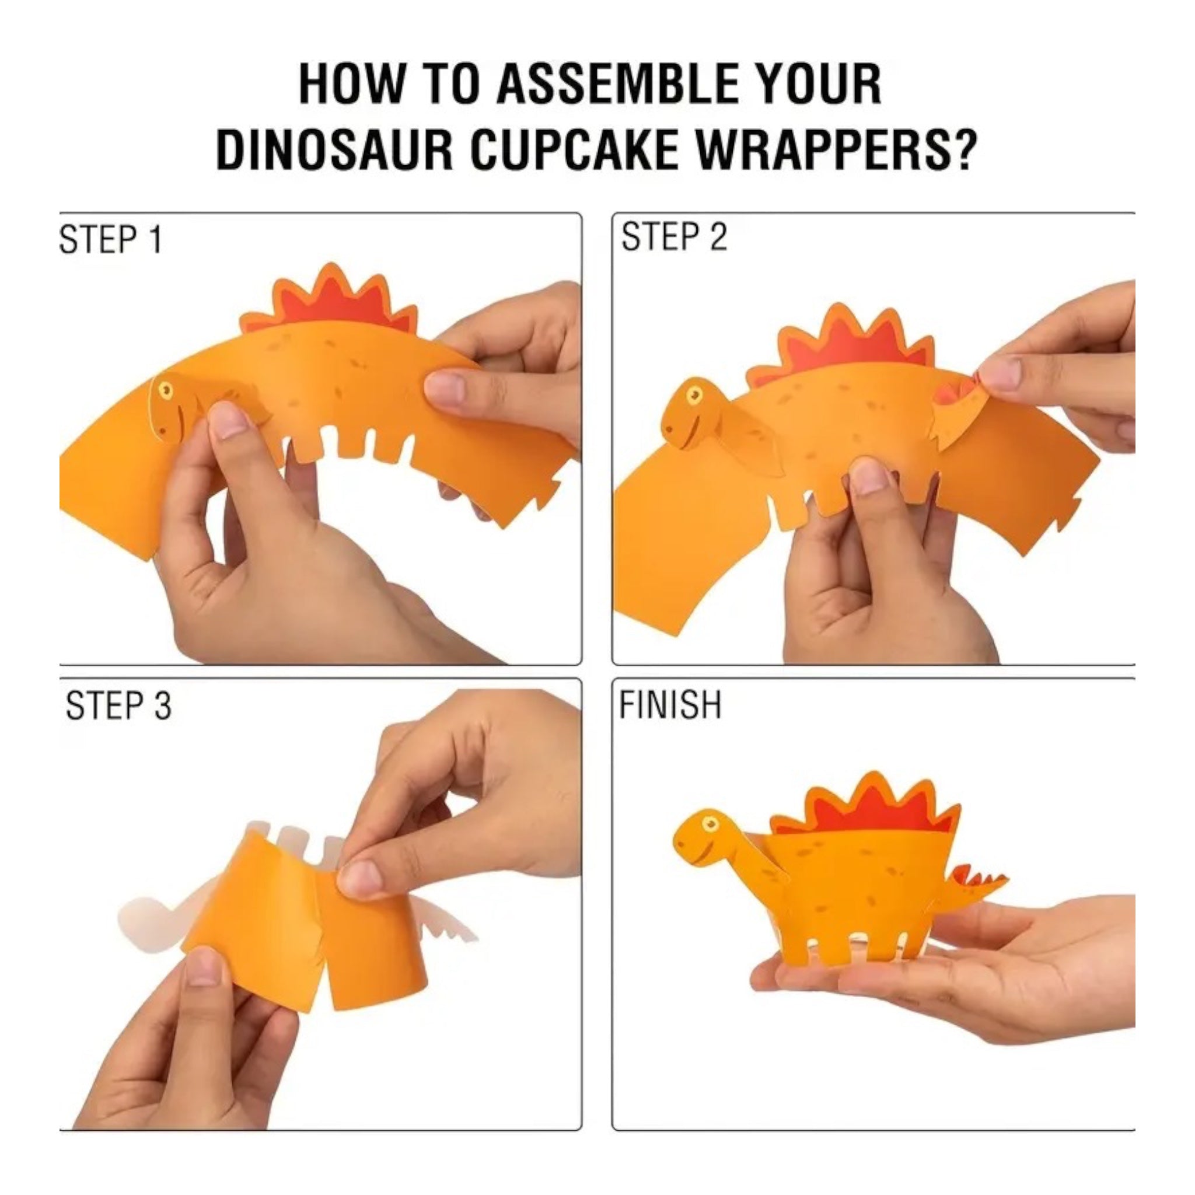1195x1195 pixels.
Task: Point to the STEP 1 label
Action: click(111, 240)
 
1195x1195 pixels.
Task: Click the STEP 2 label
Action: click(674, 237)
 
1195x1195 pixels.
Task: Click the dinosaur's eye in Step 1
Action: click(165, 390)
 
